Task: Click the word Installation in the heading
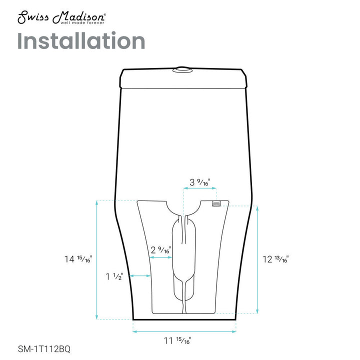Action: pos(81,41)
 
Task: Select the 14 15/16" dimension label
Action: pos(78,259)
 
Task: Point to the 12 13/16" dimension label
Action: pos(275,259)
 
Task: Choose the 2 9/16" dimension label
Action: pos(161,249)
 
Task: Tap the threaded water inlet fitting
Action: pos(216,204)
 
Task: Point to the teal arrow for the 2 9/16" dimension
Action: pos(162,257)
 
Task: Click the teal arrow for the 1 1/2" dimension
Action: pos(140,275)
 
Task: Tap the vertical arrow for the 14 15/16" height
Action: pos(97,259)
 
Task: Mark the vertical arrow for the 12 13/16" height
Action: pos(257,259)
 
